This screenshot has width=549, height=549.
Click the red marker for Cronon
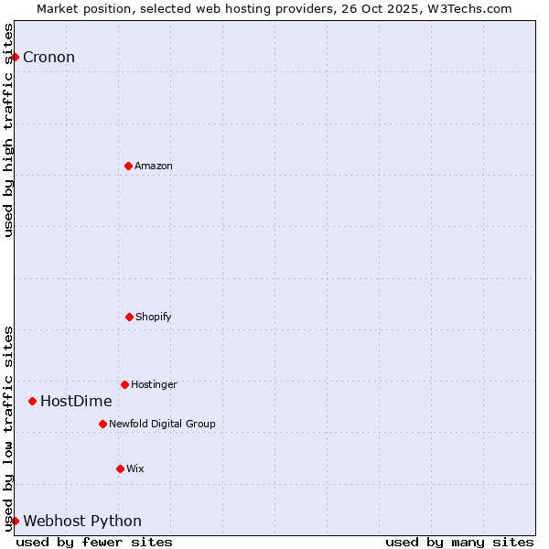pyautogui.click(x=15, y=57)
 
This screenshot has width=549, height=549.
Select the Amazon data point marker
pyautogui.click(x=128, y=166)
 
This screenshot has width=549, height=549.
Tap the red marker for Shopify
pyautogui.click(x=129, y=317)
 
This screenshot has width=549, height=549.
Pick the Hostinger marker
pyautogui.click(x=124, y=384)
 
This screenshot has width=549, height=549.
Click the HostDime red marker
pyautogui.click(x=32, y=401)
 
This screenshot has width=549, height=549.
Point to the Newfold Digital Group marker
pyautogui.click(x=102, y=424)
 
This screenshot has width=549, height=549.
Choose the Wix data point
pyautogui.click(x=120, y=468)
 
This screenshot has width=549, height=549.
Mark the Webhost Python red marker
pyautogui.click(x=15, y=521)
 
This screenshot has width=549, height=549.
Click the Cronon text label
pyautogui.click(x=48, y=58)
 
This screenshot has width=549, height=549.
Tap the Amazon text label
pyautogui.click(x=154, y=167)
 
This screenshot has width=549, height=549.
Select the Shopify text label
pyautogui.click(x=154, y=318)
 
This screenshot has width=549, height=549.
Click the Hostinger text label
pyautogui.click(x=154, y=385)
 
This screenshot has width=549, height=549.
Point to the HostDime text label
pyautogui.click(x=76, y=402)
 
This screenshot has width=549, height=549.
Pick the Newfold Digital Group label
pyautogui.click(x=162, y=425)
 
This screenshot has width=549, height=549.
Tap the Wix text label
pyautogui.click(x=135, y=469)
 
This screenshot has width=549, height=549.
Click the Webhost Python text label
pyautogui.click(x=82, y=522)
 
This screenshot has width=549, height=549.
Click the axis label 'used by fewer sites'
pyautogui.click(x=94, y=542)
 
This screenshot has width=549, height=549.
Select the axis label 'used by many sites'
pyautogui.click(x=459, y=542)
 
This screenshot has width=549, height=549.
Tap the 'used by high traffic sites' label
pyautogui.click(x=8, y=130)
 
